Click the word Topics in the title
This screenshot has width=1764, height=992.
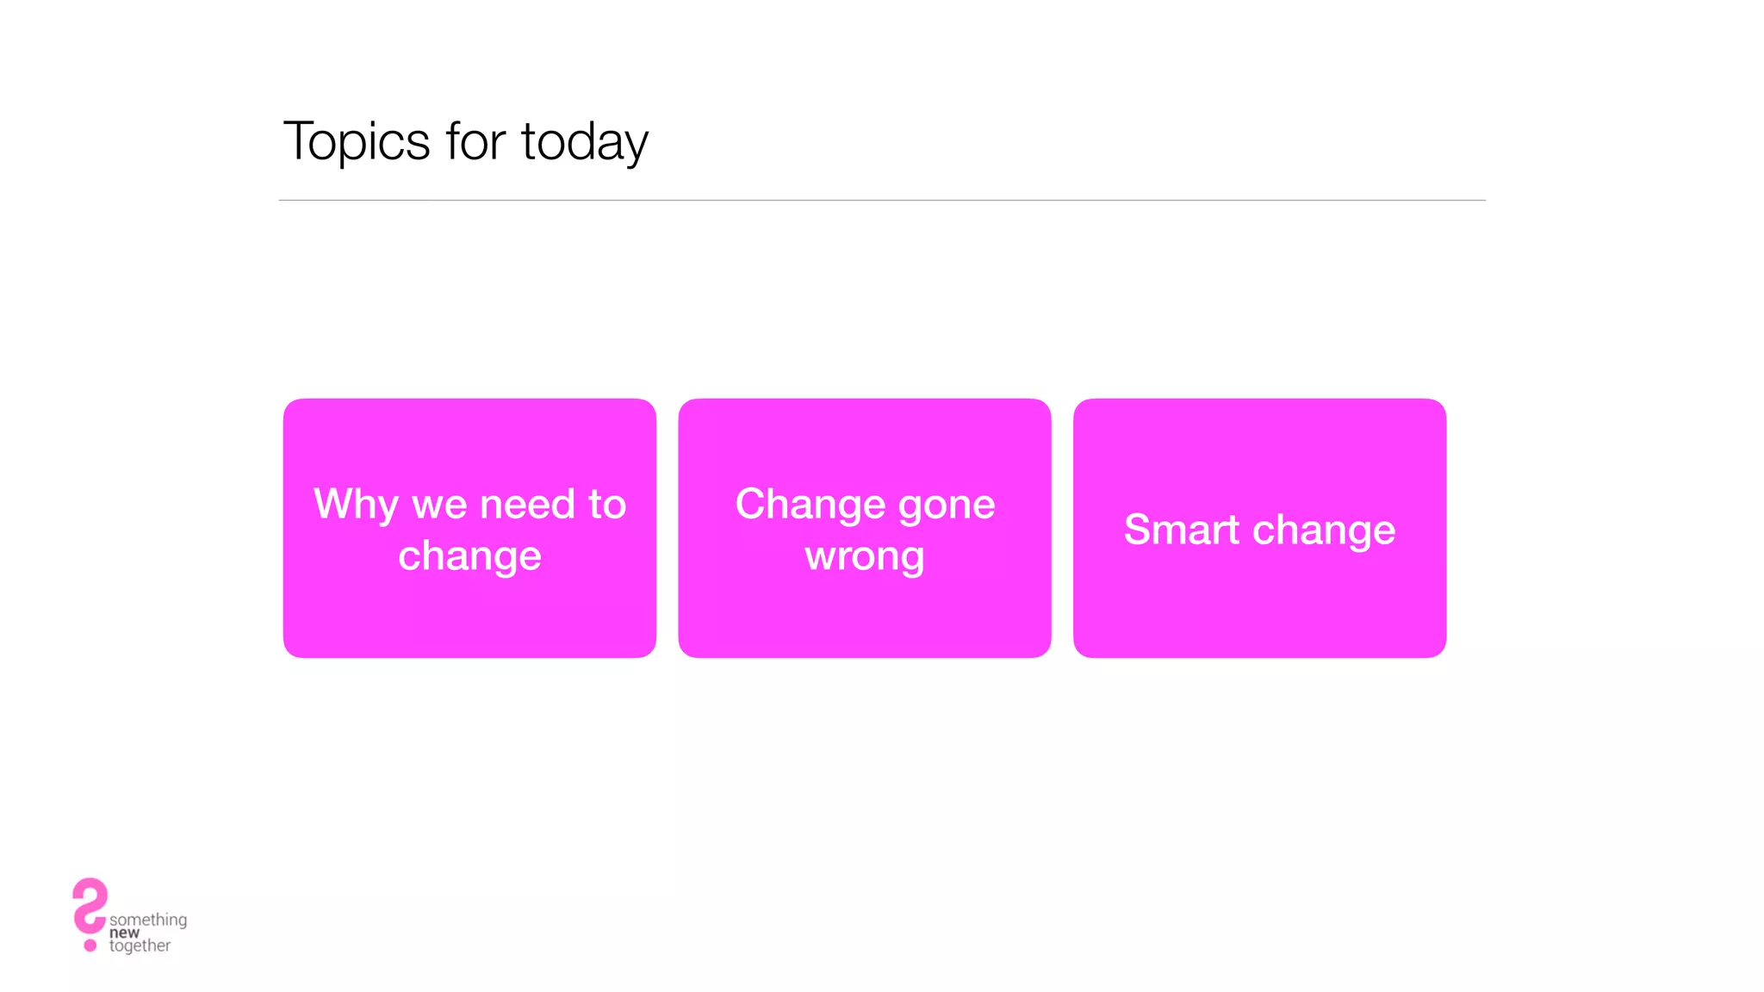(357, 142)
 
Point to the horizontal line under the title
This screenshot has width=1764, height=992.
(882, 201)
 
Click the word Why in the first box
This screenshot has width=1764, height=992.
(356, 505)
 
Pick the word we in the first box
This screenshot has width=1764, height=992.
(439, 505)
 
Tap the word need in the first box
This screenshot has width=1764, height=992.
(527, 504)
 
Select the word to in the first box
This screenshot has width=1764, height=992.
(607, 504)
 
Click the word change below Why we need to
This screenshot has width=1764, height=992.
(469, 556)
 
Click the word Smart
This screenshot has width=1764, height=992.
(1181, 530)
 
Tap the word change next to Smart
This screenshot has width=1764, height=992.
(1324, 530)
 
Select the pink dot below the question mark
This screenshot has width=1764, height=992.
(90, 945)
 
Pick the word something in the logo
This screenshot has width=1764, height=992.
(148, 920)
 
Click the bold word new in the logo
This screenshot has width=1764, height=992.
(124, 933)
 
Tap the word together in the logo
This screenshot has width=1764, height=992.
(140, 945)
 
